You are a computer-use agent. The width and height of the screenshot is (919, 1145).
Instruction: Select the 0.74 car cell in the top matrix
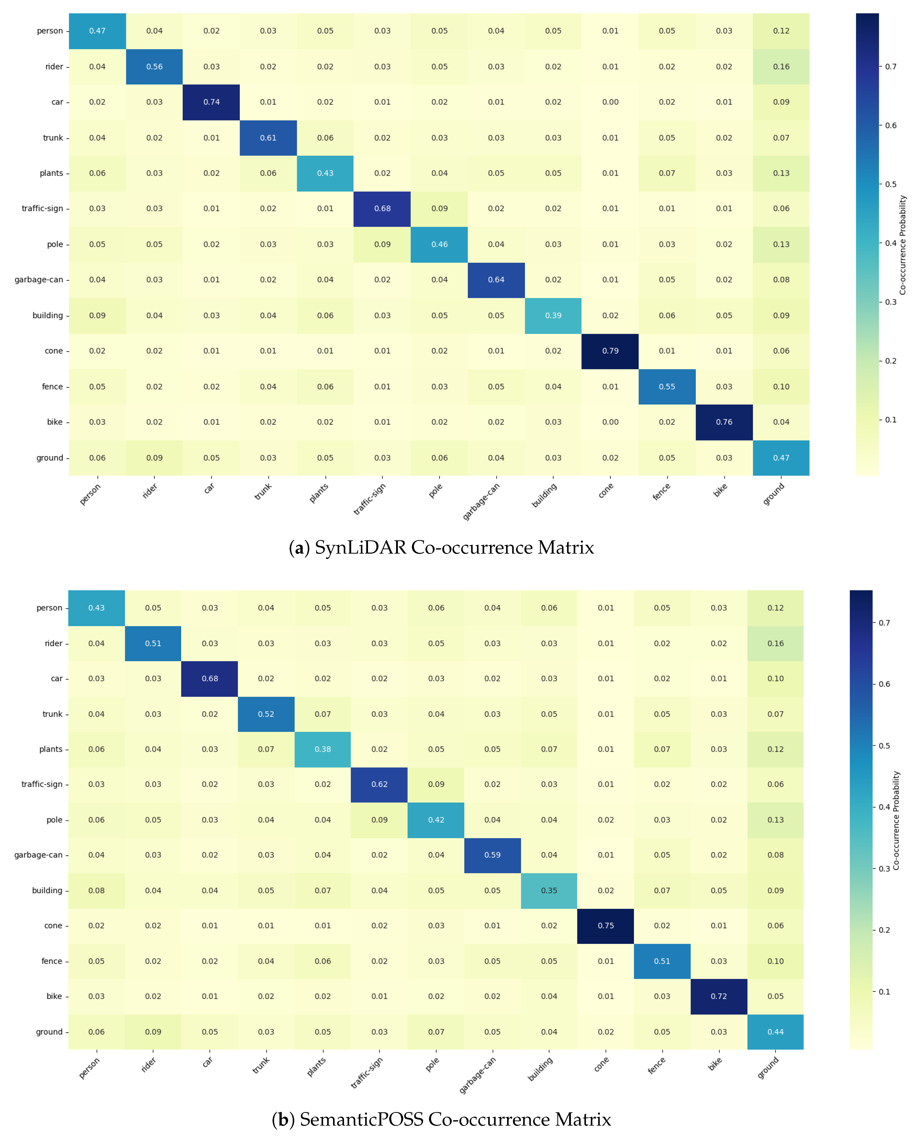point(211,102)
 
